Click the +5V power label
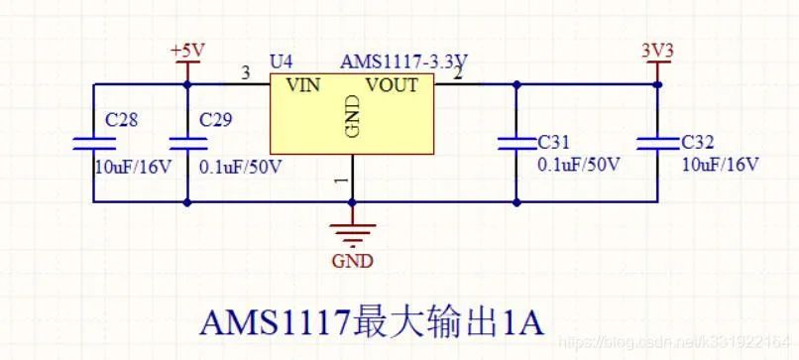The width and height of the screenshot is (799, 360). (186, 50)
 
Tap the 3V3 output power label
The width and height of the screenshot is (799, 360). (657, 50)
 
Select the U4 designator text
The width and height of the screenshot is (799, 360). (281, 61)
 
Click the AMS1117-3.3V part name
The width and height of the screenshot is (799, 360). (404, 61)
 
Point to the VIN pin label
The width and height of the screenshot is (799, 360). (303, 85)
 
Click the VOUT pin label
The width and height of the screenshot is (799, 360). (392, 85)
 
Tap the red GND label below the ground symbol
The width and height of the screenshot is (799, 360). (353, 262)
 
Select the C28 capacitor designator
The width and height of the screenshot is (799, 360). (122, 121)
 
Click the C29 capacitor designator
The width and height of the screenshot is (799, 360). (216, 121)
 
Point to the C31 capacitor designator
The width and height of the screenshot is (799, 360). (555, 142)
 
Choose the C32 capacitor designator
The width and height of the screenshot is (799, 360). (700, 142)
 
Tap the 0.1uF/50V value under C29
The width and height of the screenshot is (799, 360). (241, 166)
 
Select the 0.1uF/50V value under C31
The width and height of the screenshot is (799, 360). (579, 164)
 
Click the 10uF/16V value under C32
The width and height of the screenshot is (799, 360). (721, 164)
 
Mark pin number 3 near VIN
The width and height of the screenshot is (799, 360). (246, 72)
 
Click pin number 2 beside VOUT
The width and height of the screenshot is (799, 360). (458, 72)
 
